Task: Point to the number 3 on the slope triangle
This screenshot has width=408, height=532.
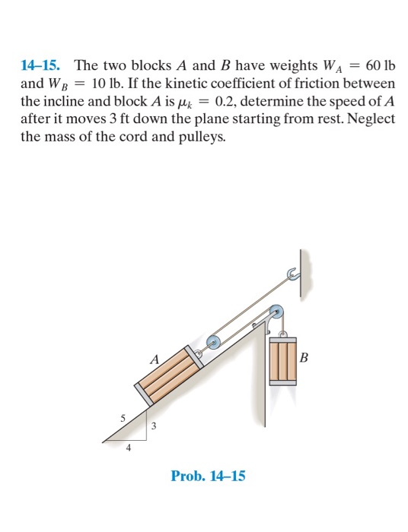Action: click(x=155, y=427)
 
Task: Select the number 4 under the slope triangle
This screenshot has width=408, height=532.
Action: click(x=127, y=448)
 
